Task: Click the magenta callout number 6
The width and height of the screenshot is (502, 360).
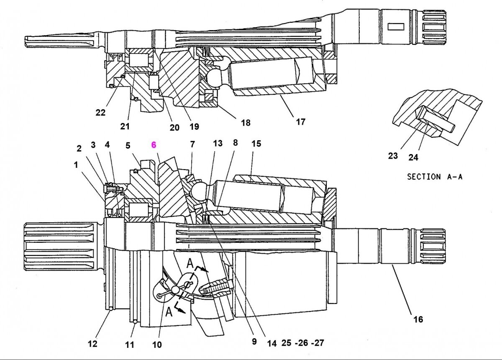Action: [154, 144]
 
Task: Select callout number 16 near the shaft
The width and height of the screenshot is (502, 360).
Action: [418, 320]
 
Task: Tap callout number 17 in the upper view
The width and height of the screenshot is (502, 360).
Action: [300, 122]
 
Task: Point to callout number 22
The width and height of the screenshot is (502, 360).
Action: [100, 112]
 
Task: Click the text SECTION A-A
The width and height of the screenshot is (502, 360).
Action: [435, 176]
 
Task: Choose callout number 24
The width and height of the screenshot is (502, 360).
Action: [413, 157]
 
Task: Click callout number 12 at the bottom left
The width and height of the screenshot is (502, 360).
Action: [92, 344]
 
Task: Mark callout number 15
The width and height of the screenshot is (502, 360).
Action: [256, 144]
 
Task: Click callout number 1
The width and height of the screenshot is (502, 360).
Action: [76, 165]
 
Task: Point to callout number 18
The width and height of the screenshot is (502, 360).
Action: [246, 123]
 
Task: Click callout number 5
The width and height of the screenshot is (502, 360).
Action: [128, 145]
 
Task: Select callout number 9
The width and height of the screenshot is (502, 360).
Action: [254, 342]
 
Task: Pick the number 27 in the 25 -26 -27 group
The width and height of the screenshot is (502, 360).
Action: [319, 343]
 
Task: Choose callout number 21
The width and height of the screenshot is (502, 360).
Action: [125, 126]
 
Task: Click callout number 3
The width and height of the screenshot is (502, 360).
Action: [93, 145]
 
